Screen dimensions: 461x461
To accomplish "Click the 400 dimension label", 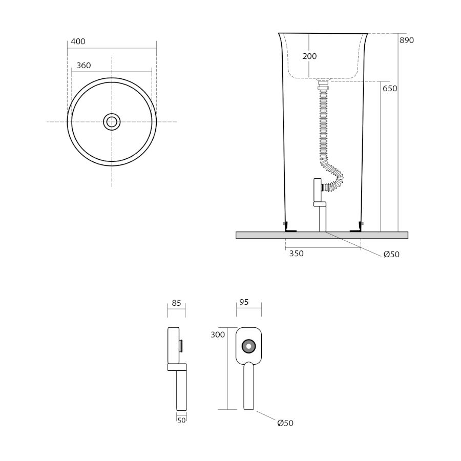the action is pos(78,41).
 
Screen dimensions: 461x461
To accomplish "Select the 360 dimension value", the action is pos(83,65).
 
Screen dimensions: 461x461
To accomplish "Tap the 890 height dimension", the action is pos(407,40).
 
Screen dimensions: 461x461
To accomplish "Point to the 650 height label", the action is pos(390,89).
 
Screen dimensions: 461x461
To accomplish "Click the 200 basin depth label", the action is pos(309,56).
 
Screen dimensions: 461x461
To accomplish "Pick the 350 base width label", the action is pos(297,254).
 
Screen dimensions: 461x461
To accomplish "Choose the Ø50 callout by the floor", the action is pos(391,254).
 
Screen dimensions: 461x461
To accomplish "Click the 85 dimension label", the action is pos(176,303).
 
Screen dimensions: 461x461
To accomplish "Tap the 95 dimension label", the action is pos(244,302).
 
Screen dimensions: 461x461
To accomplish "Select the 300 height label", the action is pos(218,334).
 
